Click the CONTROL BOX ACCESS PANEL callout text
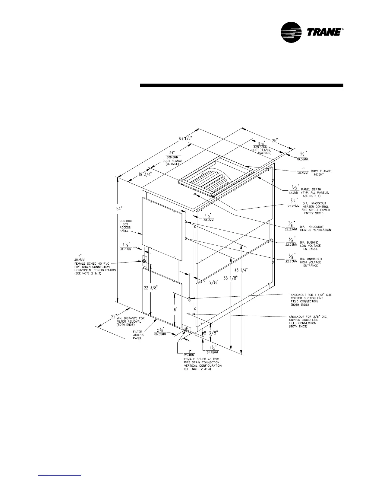coord(126,226)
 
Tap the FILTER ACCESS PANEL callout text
coord(139,335)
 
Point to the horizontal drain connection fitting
coord(144,261)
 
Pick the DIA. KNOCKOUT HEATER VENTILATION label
coord(315,228)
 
